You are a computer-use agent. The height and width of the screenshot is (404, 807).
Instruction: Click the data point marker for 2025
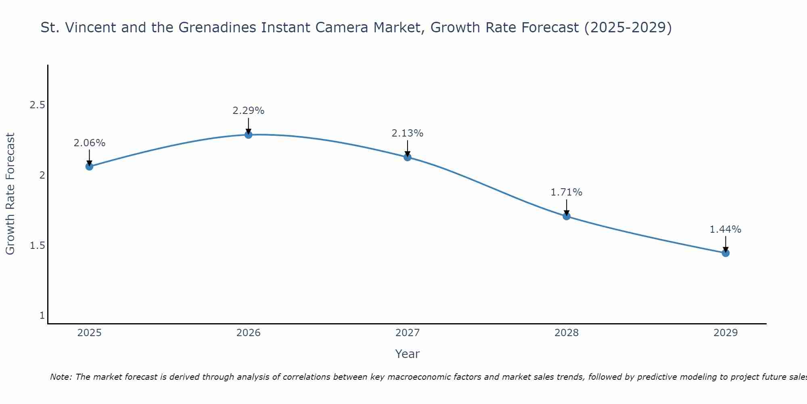click(89, 166)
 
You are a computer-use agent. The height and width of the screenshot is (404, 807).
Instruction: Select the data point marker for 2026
click(249, 135)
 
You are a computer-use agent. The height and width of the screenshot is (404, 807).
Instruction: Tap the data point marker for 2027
click(408, 157)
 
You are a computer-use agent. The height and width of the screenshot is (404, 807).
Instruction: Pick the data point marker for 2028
click(567, 216)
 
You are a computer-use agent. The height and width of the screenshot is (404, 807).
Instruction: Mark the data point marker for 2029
click(725, 253)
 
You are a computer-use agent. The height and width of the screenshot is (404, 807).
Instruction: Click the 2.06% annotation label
click(89, 143)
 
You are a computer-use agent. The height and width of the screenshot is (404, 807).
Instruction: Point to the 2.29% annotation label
click(249, 111)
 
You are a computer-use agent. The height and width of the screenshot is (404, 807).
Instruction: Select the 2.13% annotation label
click(408, 133)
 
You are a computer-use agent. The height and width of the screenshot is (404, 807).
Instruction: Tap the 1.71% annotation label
click(567, 192)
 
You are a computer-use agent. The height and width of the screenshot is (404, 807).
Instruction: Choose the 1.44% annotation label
click(725, 229)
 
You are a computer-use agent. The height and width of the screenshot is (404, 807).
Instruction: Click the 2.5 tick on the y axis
click(37, 105)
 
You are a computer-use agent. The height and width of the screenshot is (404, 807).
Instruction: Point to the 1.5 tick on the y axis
click(37, 246)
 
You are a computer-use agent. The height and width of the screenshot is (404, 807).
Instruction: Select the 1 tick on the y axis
click(42, 316)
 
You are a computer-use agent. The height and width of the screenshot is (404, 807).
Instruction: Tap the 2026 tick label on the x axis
click(249, 333)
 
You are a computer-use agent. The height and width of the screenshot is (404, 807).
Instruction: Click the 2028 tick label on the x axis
click(567, 333)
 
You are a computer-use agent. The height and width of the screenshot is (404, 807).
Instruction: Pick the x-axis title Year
click(408, 354)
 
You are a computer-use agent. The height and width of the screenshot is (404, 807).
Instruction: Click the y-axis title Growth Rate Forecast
click(10, 194)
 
